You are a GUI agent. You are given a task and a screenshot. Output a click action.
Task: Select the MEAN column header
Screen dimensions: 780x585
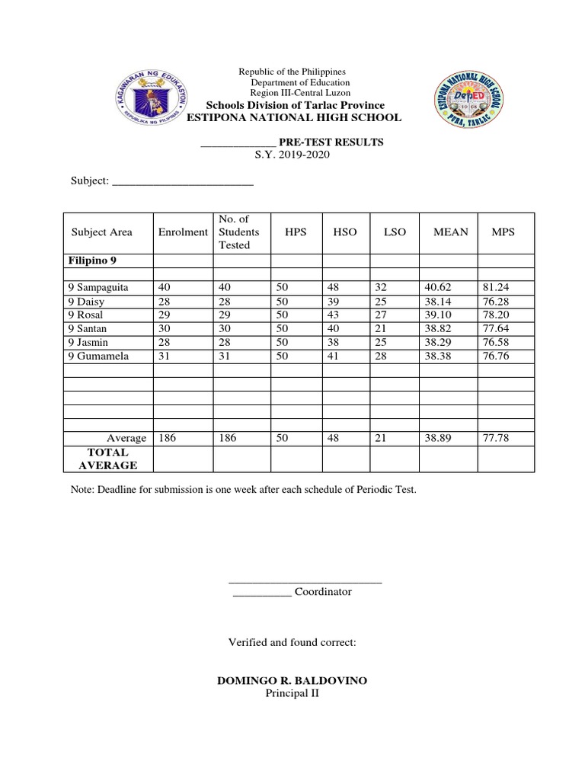[450, 232]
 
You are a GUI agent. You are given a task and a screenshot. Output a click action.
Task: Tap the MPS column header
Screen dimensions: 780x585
[503, 232]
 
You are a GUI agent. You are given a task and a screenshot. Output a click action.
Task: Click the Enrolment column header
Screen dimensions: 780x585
[183, 232]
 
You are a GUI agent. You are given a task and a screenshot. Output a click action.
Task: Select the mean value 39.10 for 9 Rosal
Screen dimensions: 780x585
[438, 315]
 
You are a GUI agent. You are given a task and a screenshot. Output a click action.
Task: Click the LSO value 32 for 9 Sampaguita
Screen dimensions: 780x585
[382, 288]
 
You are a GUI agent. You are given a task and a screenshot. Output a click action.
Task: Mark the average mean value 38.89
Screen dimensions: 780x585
[438, 438]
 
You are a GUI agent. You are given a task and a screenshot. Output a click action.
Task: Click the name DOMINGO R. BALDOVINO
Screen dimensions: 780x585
[292, 679]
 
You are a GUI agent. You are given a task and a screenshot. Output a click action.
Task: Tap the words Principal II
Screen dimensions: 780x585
[292, 693]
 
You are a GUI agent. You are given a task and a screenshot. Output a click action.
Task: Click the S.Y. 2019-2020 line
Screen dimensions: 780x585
[292, 155]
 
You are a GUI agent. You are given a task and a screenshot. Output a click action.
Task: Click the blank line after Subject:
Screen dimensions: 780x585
[183, 182]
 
